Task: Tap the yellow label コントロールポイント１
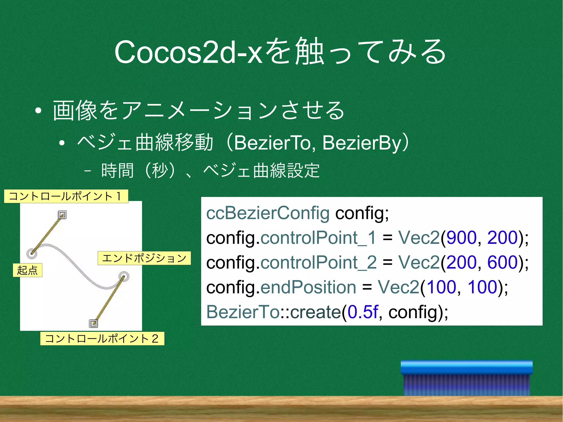pos(66,196)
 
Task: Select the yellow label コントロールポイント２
pos(102,338)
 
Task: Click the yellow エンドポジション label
pos(144,258)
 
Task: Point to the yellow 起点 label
pos(27,270)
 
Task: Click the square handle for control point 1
pos(63,214)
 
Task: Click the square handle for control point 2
pos(93,323)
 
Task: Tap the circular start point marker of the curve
pos(32,253)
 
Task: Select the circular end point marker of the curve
pos(124,277)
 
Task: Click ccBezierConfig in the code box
pos(268,213)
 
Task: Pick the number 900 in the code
pos(461,238)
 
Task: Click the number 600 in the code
pos(502,262)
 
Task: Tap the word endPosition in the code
pos(308,287)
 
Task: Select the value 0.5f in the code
pos(363,312)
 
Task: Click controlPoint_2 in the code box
pos(318,262)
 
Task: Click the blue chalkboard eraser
pos(467,378)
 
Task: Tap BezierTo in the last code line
pos(243,312)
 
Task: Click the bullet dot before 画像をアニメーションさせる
pos(38,111)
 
